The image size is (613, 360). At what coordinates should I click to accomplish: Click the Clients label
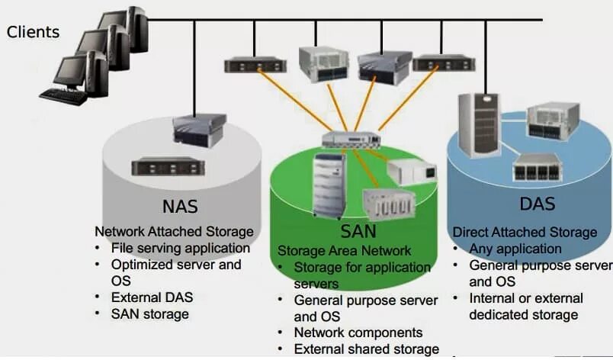coord(34,32)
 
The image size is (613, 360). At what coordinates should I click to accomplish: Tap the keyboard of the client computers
coord(64,97)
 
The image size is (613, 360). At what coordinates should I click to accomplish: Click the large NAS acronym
coord(180,207)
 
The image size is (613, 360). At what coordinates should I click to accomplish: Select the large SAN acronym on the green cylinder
coord(358,231)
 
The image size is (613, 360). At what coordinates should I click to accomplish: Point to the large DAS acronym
coord(538,204)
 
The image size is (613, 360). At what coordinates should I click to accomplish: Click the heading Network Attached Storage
coord(174,231)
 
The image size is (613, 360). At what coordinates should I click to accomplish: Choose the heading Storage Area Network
coord(344,251)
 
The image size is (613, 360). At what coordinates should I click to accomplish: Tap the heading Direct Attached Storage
coord(525,232)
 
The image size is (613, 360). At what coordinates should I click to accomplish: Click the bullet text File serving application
coord(181,248)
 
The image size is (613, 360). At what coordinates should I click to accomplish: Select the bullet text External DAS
coord(152,297)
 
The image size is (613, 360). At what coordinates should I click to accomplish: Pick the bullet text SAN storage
coord(150,314)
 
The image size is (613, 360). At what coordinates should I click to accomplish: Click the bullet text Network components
coord(358,333)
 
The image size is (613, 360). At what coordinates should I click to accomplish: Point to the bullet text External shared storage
coord(366,349)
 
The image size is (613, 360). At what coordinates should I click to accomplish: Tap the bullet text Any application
coord(515,249)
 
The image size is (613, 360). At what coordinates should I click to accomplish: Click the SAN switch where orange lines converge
coord(351,140)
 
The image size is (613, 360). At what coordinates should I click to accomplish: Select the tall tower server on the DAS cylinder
coord(480,125)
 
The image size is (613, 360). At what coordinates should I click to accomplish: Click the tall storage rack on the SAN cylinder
coord(329,185)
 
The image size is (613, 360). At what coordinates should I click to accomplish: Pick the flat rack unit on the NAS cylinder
coord(168,167)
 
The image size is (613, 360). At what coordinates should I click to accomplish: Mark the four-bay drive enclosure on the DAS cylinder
coord(538,167)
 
